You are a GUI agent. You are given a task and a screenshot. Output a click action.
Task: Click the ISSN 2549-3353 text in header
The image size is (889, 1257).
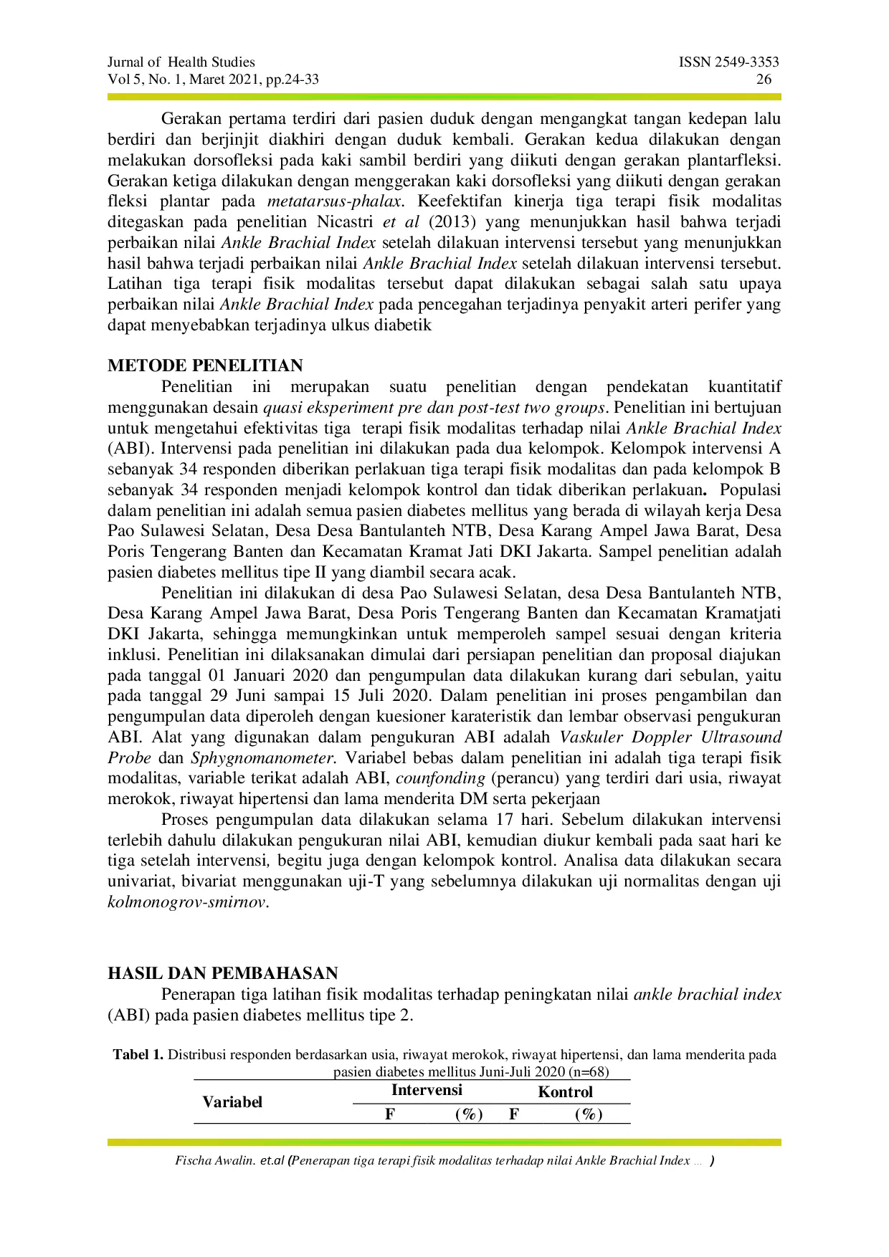728,62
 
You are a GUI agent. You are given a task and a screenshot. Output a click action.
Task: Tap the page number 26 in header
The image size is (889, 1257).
764,80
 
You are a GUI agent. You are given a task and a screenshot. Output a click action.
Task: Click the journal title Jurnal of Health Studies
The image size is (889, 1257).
181,62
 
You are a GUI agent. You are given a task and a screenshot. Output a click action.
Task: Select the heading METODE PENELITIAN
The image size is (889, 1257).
205,365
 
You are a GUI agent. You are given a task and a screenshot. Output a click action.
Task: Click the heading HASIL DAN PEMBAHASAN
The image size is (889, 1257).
222,973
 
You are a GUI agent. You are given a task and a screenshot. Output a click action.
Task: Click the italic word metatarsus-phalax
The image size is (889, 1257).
333,201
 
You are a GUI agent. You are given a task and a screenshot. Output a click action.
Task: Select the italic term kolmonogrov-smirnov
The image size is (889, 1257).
187,902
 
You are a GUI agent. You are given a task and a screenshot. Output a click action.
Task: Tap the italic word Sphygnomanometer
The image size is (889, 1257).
263,757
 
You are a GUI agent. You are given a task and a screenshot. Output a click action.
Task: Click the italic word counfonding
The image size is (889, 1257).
440,778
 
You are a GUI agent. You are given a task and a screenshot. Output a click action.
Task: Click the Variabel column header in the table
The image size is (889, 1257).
232,1102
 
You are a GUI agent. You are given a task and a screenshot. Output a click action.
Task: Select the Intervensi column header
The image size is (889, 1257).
427,1091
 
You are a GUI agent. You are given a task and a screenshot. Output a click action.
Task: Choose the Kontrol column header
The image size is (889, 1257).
565,1092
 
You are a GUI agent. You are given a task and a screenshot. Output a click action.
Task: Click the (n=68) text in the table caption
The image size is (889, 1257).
588,1072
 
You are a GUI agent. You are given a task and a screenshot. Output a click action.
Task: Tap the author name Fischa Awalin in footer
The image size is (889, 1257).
214,1161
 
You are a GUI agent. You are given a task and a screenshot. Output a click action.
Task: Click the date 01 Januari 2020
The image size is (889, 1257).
268,675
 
